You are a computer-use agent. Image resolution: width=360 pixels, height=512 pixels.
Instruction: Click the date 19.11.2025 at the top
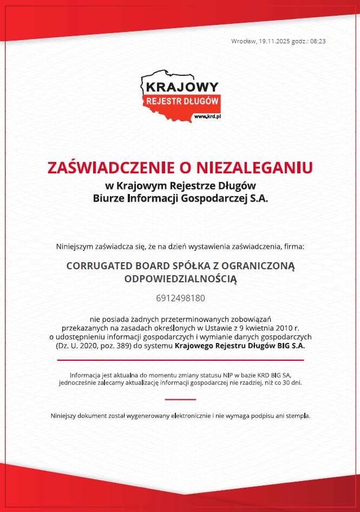point(274,41)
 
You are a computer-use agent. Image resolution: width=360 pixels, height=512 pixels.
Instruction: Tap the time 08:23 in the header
point(317,41)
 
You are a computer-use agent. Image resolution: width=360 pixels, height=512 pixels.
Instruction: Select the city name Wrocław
point(243,41)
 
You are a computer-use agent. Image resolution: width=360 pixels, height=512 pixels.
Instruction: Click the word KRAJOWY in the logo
point(182,87)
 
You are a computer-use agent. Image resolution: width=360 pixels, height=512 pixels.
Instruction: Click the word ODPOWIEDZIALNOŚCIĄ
point(180,279)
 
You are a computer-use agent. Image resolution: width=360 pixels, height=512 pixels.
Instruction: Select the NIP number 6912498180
point(180,298)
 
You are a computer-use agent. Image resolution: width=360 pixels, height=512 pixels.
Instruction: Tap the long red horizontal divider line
point(180,360)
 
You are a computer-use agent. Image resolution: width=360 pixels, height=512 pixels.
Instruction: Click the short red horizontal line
point(180,399)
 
